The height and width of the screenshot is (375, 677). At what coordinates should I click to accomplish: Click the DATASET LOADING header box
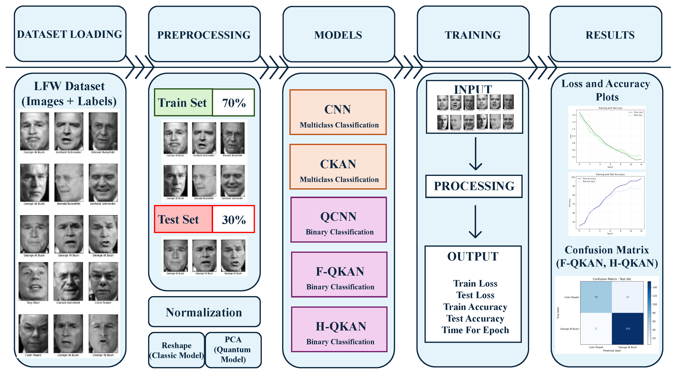click(70, 34)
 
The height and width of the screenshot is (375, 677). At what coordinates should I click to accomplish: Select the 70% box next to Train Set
click(233, 103)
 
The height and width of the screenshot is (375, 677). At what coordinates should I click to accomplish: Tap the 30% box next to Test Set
click(233, 219)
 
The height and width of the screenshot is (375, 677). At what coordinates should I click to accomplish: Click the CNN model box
click(338, 112)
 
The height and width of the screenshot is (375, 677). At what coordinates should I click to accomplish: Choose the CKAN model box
click(338, 167)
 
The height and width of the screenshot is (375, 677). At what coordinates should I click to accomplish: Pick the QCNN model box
click(338, 220)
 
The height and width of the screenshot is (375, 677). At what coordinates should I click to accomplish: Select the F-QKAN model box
click(339, 275)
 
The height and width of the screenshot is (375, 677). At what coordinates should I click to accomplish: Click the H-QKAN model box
click(339, 329)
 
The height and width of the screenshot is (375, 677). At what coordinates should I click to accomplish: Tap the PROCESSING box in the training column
click(474, 186)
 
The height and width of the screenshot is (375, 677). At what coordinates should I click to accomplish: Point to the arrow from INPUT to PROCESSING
click(476, 154)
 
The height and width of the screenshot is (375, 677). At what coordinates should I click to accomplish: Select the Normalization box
click(204, 312)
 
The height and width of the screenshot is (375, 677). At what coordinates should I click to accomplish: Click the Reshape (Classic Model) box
click(176, 350)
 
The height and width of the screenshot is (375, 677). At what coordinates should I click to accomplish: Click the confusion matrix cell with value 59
click(596, 297)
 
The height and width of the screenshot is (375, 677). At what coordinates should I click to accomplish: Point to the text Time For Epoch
click(475, 330)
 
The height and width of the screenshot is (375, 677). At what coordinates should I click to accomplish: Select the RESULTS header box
click(610, 35)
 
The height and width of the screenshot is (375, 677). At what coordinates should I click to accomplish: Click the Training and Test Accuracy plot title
click(610, 174)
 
